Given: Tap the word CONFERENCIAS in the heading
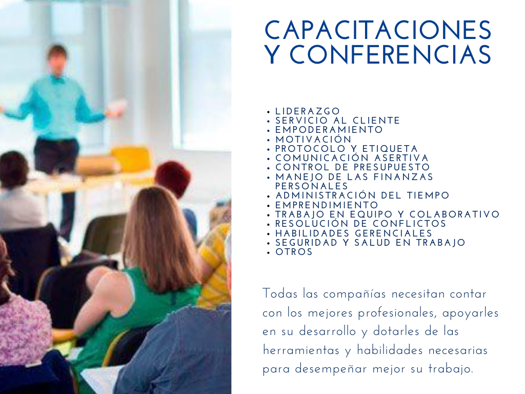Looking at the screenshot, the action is (390, 54).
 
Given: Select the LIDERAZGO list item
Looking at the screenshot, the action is (308, 111).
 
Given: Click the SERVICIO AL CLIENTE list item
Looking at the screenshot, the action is (337, 121).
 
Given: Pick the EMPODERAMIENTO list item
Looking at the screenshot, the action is (329, 130).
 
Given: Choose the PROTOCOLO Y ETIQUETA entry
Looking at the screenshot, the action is (347, 149).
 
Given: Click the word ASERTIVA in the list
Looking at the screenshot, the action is (401, 158).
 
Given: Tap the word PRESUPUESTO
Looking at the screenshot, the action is (391, 167).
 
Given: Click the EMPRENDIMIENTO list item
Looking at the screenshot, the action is (327, 205).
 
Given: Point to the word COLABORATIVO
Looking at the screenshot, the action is (455, 214).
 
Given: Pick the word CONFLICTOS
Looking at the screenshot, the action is (409, 224).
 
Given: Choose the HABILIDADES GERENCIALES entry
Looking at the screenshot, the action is (354, 233).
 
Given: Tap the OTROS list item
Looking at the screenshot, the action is (294, 252).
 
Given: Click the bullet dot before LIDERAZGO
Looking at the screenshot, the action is (269, 112).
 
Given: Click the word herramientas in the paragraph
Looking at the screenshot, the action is (301, 350).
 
